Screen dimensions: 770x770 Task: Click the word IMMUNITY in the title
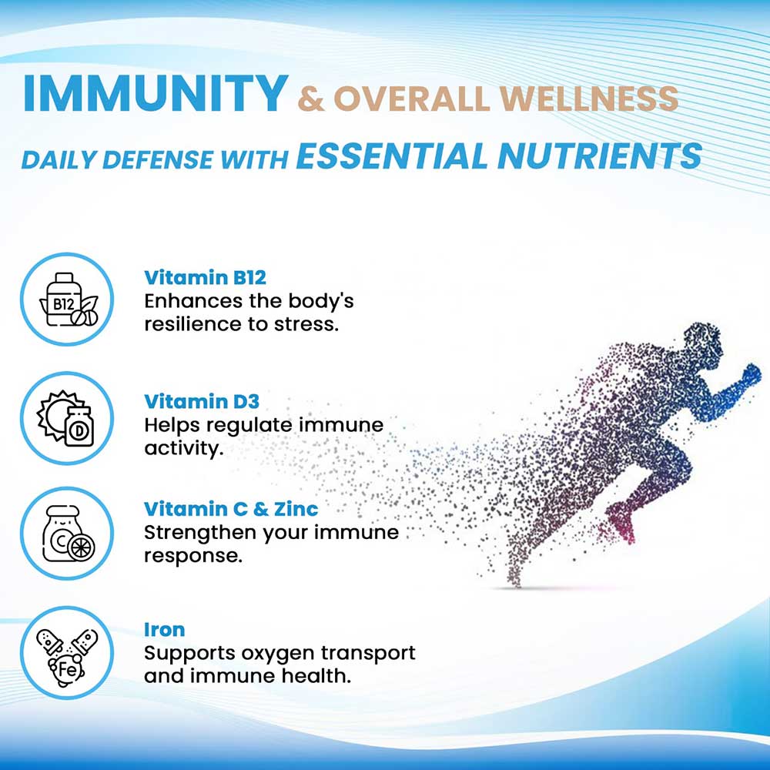coord(156,93)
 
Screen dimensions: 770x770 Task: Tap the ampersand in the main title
coord(311,99)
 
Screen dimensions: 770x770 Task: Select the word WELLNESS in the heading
coord(589,98)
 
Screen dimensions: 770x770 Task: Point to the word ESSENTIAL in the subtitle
coord(391,156)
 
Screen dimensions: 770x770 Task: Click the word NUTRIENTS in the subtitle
coord(600,156)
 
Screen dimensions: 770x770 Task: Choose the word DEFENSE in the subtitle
coord(157,159)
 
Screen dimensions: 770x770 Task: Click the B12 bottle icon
coord(68,300)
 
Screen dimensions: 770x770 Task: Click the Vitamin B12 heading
coord(205,278)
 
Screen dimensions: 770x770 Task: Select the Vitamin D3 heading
coord(201,402)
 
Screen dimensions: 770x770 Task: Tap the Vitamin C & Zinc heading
coord(231,509)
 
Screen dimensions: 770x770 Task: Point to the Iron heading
coord(164,630)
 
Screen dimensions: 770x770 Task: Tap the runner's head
coord(702,343)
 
